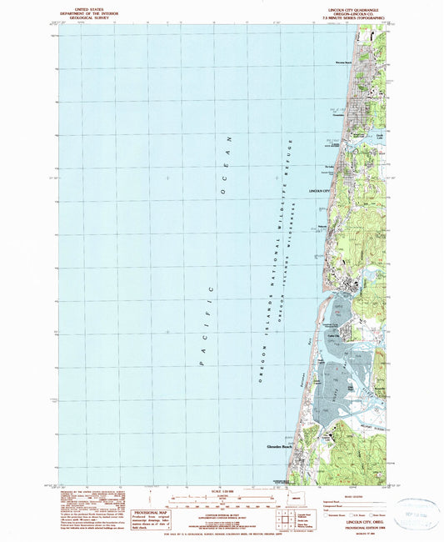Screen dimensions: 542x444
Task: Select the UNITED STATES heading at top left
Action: [86, 8]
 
